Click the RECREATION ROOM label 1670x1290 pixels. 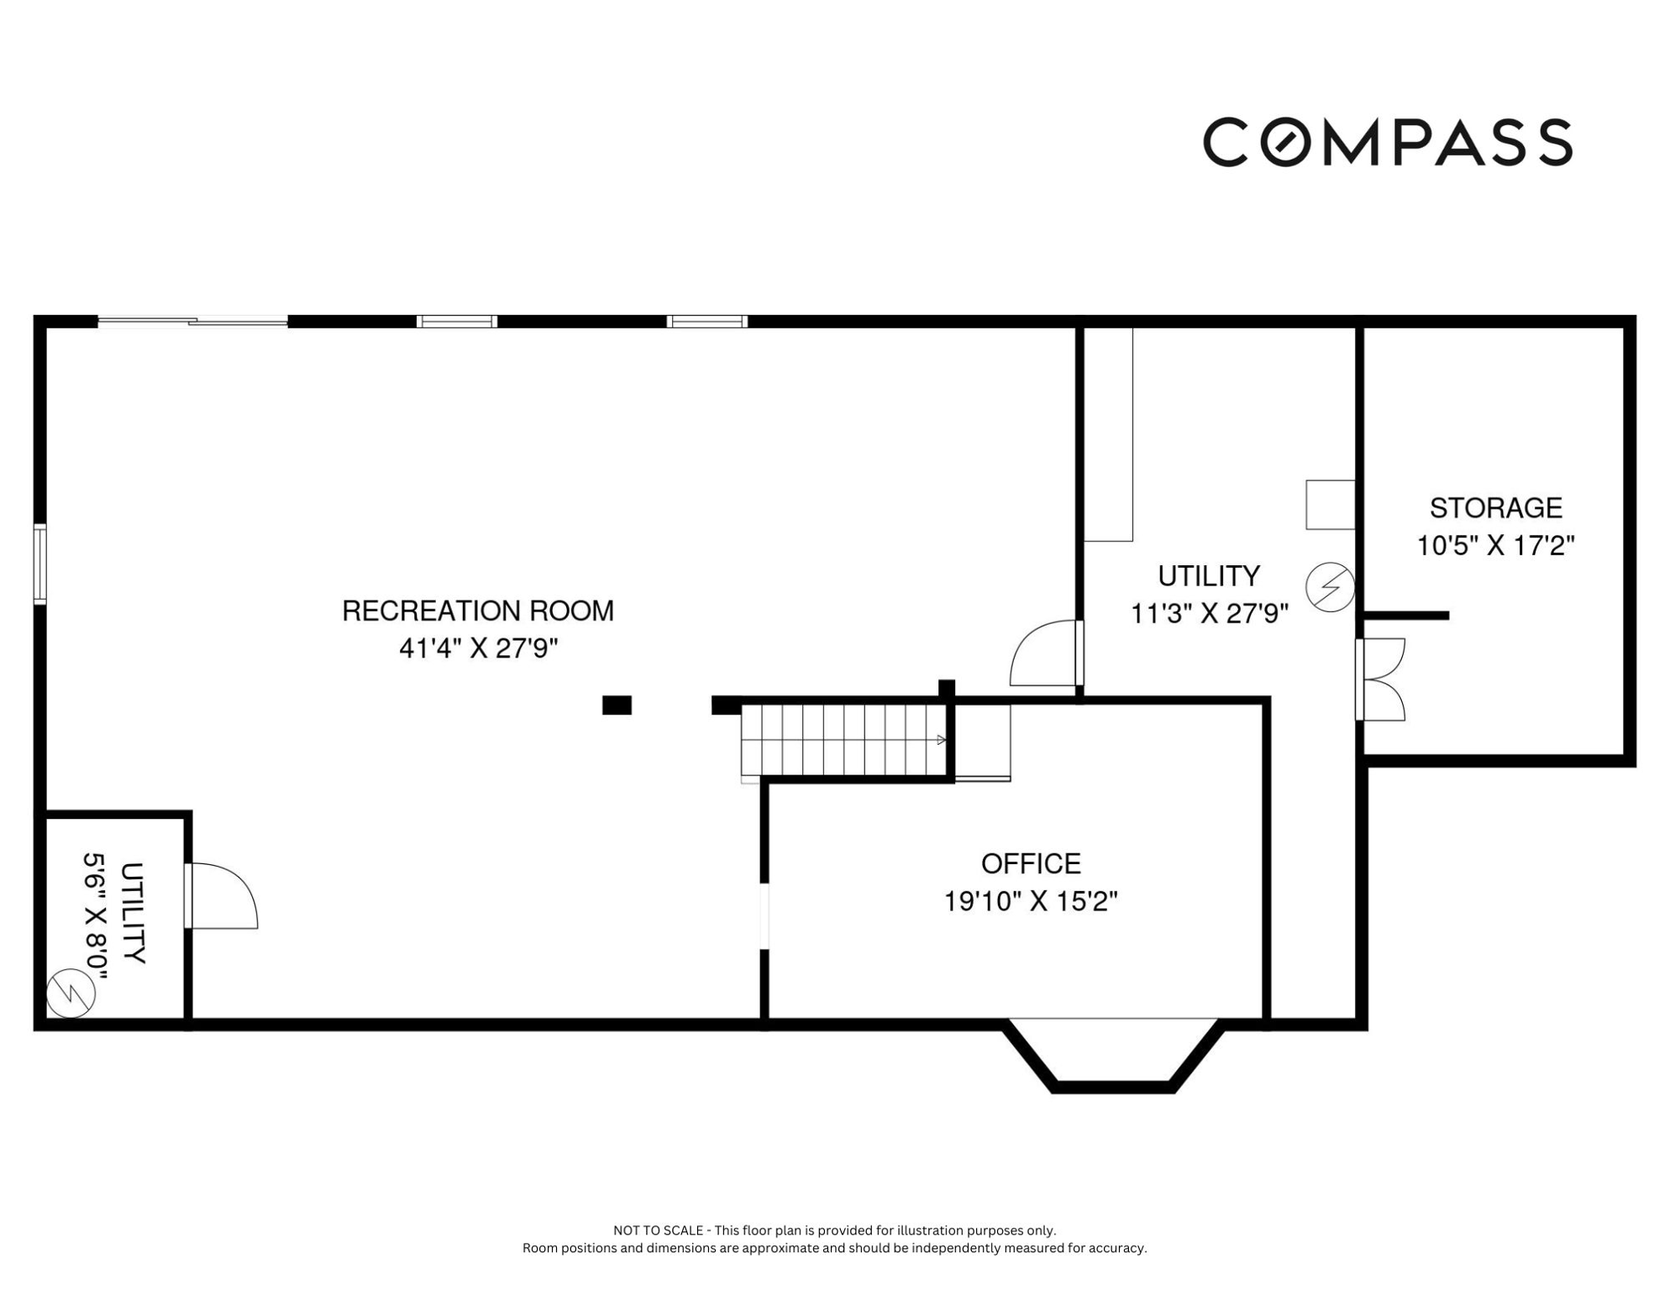pyautogui.click(x=477, y=611)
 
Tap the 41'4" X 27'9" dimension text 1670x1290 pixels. pyautogui.click(x=478, y=648)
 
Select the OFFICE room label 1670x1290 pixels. pyautogui.click(x=1031, y=863)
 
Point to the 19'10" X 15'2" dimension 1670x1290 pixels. pyautogui.click(x=1031, y=901)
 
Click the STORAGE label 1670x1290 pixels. pyautogui.click(x=1495, y=507)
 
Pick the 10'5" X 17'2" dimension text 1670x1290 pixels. pyautogui.click(x=1495, y=546)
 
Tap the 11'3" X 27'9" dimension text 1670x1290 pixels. pyautogui.click(x=1209, y=614)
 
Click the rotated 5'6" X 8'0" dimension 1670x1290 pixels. pyautogui.click(x=96, y=916)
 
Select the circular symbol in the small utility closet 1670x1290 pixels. pyautogui.click(x=71, y=994)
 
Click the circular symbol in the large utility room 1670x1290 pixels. pyautogui.click(x=1330, y=587)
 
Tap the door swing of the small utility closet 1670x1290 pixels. pyautogui.click(x=222, y=895)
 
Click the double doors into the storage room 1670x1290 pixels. pyautogui.click(x=1380, y=679)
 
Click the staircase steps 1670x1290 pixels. pyautogui.click(x=844, y=740)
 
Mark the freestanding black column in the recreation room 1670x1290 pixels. pyautogui.click(x=617, y=705)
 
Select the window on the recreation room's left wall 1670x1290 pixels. pyautogui.click(x=39, y=564)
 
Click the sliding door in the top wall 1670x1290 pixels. pyautogui.click(x=193, y=321)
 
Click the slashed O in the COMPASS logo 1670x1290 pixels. pyautogui.click(x=1284, y=142)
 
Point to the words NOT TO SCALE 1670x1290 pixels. pyautogui.click(x=659, y=1230)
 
